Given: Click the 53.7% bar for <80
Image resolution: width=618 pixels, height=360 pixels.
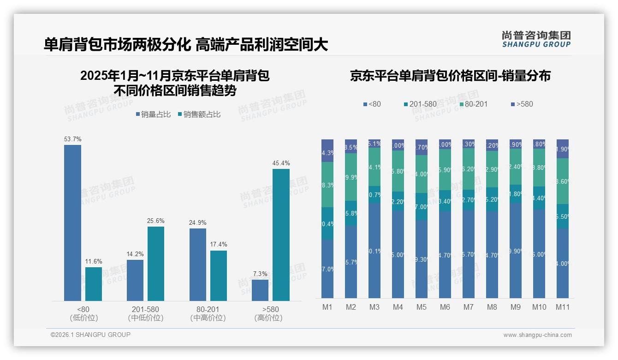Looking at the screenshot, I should [x=72, y=223].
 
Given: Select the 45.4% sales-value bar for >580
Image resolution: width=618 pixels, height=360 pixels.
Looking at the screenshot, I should [x=281, y=235].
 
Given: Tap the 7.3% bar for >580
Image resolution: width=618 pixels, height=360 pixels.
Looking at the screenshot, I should [x=260, y=290].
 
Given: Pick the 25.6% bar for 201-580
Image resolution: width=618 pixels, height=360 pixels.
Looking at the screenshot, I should [x=156, y=264].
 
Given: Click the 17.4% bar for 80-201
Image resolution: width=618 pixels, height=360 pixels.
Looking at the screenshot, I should [x=219, y=276].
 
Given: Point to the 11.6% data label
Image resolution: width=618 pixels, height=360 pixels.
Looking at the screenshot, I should [x=94, y=262].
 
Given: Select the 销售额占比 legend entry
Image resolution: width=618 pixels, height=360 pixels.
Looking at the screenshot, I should [x=199, y=114].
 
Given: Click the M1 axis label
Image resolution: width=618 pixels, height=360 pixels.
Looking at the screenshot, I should [x=327, y=307].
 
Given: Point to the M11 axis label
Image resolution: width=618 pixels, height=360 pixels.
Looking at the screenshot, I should [x=562, y=307].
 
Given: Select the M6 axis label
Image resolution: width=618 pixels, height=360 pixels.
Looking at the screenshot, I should [x=445, y=307].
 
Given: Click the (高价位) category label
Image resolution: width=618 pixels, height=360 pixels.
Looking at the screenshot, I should [x=268, y=318].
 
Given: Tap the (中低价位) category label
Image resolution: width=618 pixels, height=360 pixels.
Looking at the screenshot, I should [x=146, y=318].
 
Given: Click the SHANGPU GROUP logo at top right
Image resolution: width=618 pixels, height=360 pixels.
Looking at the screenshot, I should [x=536, y=39].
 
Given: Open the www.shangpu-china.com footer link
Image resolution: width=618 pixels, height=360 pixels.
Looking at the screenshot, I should [x=537, y=335].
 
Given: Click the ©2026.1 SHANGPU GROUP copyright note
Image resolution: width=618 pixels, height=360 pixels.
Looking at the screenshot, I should [x=90, y=335].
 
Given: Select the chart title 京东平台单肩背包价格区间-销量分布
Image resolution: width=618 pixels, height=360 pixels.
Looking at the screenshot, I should [x=450, y=76].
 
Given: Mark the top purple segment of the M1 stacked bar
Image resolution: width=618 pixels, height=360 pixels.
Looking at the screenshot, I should [x=327, y=150].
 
